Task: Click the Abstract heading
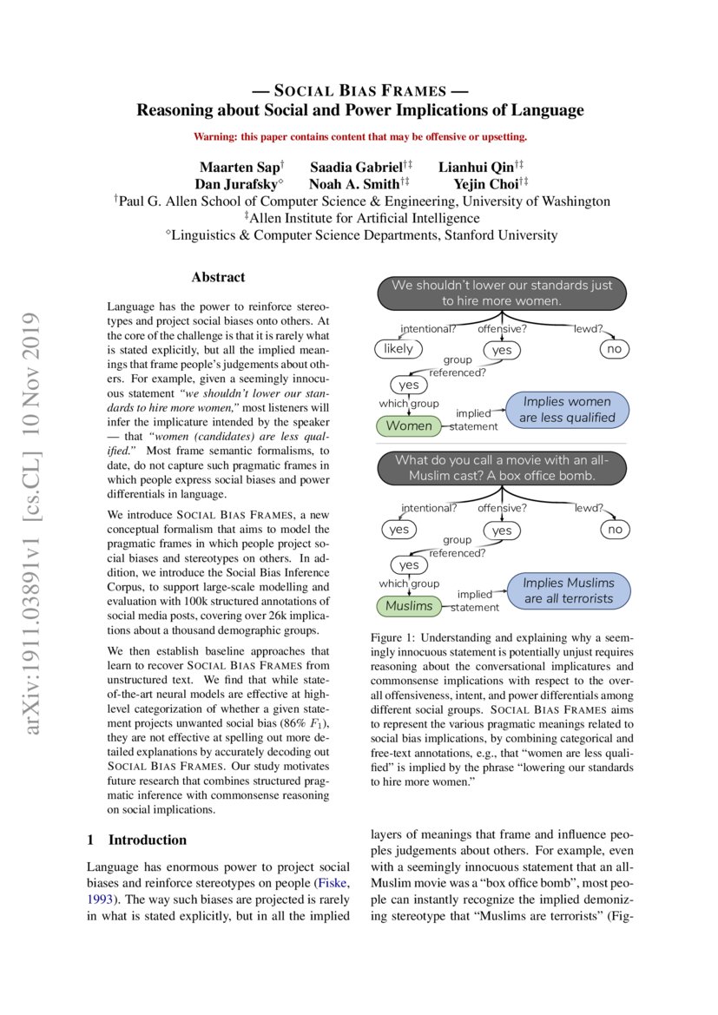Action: pos(218,278)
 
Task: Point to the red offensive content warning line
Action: pos(359,136)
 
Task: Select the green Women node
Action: pos(408,426)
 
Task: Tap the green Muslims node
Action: pos(408,605)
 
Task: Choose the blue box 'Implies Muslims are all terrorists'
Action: pos(568,590)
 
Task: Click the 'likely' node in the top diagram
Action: pos(399,349)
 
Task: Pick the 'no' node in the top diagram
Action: pos(615,349)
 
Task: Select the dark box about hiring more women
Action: pos(501,293)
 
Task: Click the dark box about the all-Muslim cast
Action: pos(501,468)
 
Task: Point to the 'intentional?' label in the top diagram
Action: pos(428,329)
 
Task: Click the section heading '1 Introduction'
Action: pos(137,840)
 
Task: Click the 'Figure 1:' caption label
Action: pos(394,637)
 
